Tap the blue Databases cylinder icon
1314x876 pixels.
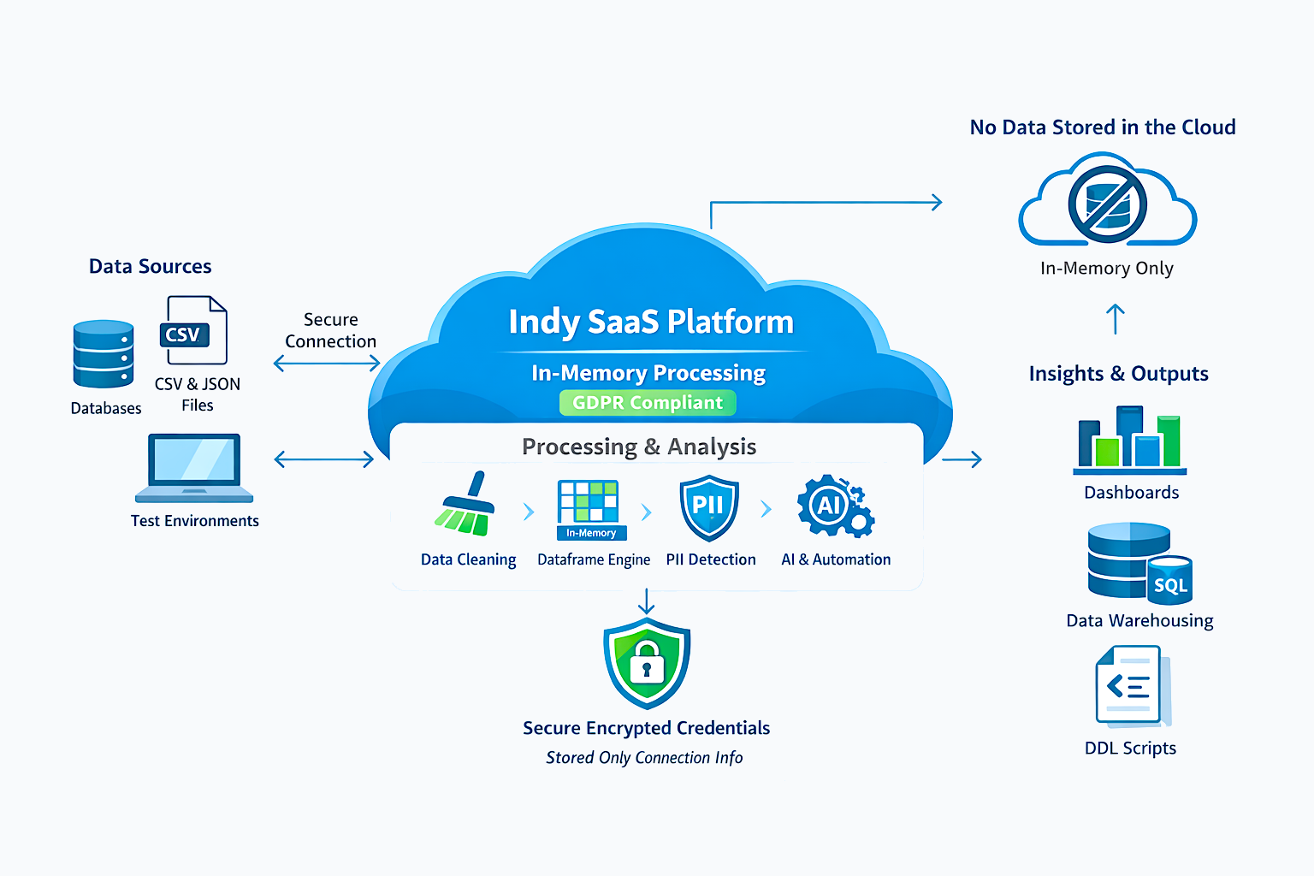tap(104, 354)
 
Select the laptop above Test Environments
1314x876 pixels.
tap(194, 468)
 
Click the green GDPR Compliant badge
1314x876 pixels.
tap(648, 403)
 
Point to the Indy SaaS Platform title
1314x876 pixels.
tap(651, 323)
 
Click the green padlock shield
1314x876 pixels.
tap(647, 664)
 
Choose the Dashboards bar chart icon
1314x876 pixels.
tap(1130, 441)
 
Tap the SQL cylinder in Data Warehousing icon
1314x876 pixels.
tap(1169, 582)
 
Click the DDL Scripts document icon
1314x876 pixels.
tap(1131, 686)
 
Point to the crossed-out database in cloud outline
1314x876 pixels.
tap(1107, 204)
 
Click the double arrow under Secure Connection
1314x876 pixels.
tap(327, 364)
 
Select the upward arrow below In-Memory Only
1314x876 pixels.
tap(1115, 319)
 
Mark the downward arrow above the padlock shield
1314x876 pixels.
tap(647, 601)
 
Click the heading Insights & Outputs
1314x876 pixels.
tap(1118, 374)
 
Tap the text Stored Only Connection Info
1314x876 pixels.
tap(644, 758)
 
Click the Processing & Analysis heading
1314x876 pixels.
tap(639, 447)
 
